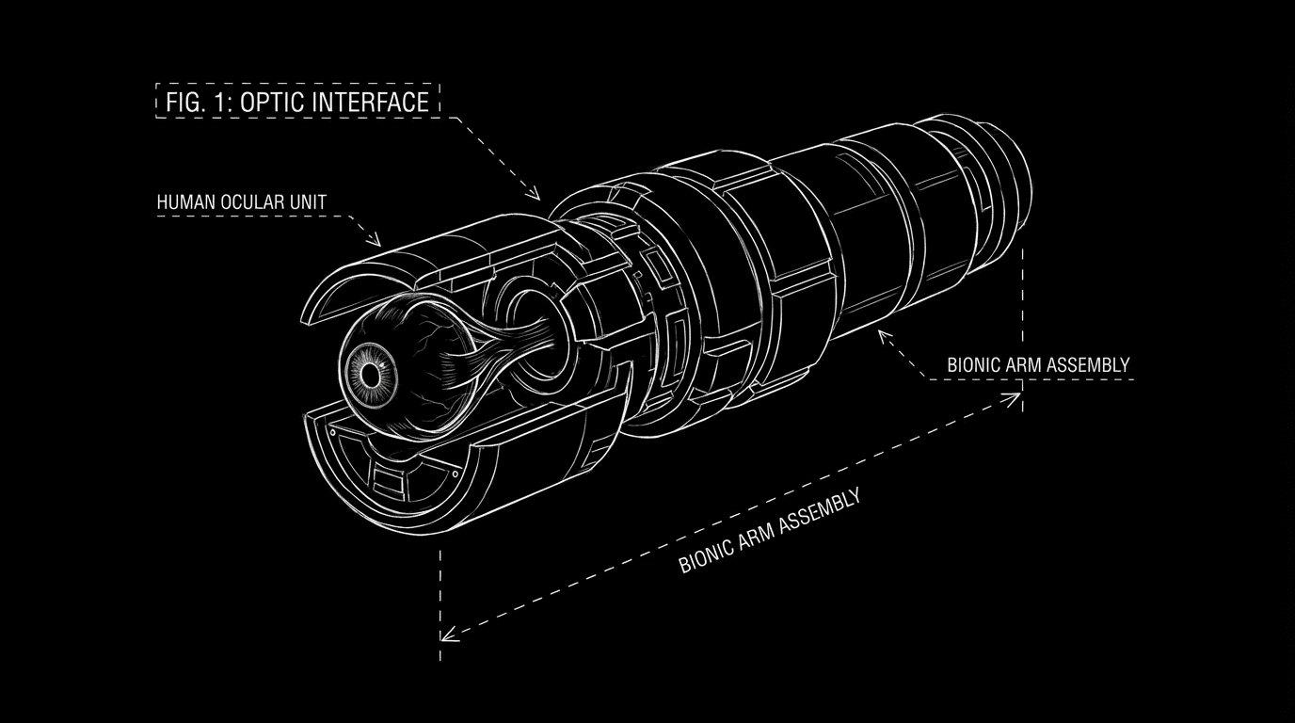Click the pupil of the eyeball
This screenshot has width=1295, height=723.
[x=370, y=376]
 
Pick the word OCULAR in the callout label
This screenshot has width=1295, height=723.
[x=249, y=202]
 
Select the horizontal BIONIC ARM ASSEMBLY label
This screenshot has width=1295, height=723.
[x=1038, y=364]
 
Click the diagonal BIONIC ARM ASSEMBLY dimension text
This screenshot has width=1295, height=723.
[x=769, y=532]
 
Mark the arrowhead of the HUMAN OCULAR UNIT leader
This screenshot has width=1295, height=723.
[x=377, y=242]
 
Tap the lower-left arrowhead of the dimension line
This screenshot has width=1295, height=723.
[x=448, y=635]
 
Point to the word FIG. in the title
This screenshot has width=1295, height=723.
[x=183, y=102]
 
